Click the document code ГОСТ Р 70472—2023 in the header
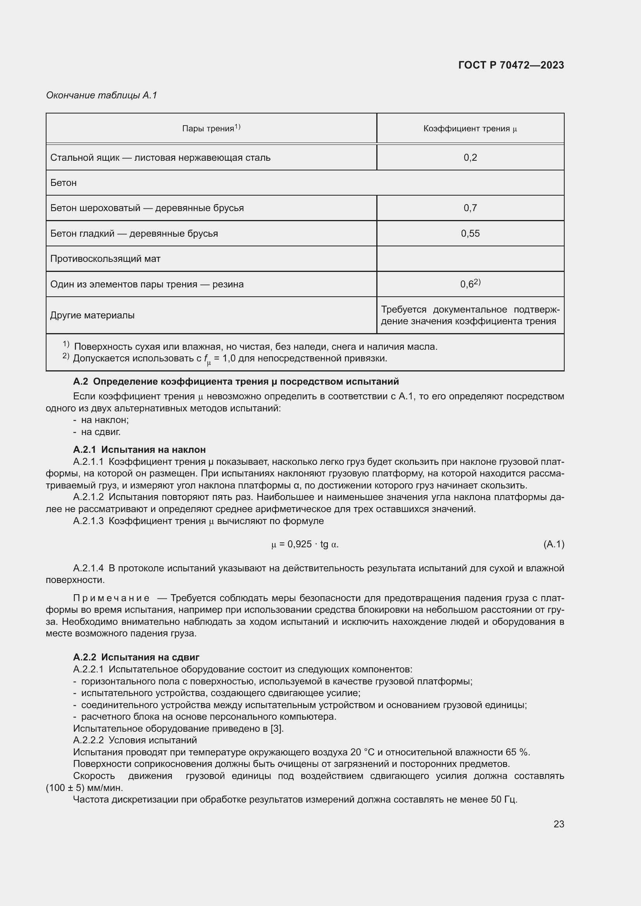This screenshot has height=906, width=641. (x=511, y=65)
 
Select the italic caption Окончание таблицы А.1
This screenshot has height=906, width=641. (x=102, y=95)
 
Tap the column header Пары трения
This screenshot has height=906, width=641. (x=211, y=128)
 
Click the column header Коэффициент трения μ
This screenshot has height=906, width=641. (x=470, y=129)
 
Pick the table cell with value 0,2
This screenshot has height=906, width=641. (x=470, y=157)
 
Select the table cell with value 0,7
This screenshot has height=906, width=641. (x=470, y=208)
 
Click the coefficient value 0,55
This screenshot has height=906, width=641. (x=470, y=233)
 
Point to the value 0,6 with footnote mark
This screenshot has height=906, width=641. (x=470, y=284)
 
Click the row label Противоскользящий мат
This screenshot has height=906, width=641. (x=105, y=259)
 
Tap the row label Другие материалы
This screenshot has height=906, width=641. (x=92, y=315)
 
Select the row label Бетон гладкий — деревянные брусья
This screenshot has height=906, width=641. (x=134, y=234)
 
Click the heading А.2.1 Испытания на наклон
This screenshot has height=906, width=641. (x=140, y=449)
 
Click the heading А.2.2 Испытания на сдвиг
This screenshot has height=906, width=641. (x=136, y=657)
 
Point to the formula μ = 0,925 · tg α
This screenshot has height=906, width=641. (x=305, y=545)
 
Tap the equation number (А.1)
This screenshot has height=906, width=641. (x=553, y=545)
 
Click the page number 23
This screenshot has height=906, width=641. (x=558, y=824)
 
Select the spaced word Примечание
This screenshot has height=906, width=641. (x=111, y=598)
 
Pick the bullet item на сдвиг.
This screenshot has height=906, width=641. (x=101, y=432)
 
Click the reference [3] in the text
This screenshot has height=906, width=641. (x=277, y=729)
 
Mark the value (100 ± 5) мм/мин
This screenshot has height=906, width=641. (x=84, y=788)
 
